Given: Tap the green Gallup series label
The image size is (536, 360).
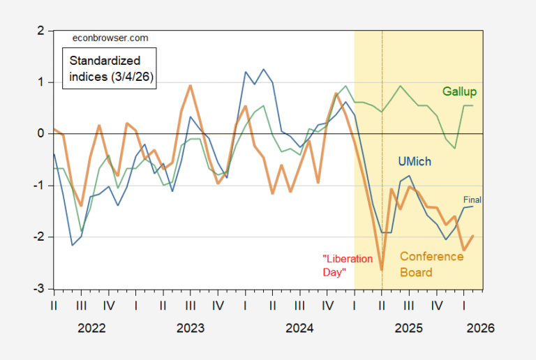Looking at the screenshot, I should (x=464, y=91).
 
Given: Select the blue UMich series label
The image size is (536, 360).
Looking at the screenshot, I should (x=414, y=161).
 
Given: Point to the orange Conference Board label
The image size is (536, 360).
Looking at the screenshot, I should (x=431, y=264).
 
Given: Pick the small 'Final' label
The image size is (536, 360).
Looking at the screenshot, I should (x=472, y=199).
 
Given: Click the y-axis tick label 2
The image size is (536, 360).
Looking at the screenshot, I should (x=40, y=31).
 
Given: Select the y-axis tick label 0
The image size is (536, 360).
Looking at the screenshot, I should (x=40, y=133).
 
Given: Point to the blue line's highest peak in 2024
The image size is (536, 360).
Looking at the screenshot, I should (x=263, y=69).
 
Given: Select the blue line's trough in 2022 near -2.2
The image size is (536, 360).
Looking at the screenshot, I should (x=73, y=245).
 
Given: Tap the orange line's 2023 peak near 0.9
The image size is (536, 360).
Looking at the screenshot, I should (x=191, y=86).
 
